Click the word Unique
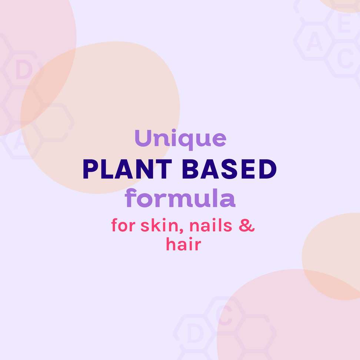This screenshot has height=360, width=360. (180, 139)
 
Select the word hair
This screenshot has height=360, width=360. (183, 245)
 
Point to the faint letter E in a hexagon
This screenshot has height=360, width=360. (345, 27)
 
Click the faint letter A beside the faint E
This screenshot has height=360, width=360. (314, 44)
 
